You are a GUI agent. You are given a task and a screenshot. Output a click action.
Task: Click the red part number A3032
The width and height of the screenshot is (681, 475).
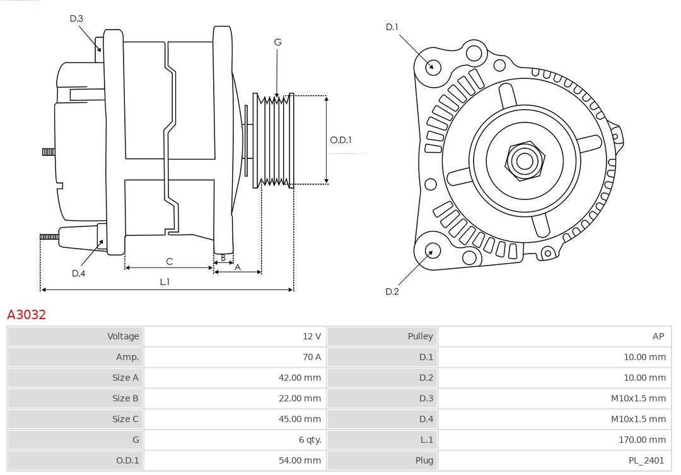[26, 314]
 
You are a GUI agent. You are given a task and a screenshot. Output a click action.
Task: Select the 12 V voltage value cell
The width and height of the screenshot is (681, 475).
[311, 336]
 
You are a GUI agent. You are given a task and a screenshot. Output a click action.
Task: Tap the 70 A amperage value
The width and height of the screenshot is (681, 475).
[311, 357]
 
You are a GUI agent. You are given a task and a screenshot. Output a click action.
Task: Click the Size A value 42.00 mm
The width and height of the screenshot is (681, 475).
[300, 378]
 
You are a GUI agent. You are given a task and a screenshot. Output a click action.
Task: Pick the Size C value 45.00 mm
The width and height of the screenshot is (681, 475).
[300, 419]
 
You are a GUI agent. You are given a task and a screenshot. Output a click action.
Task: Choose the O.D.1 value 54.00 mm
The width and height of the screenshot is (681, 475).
[300, 460]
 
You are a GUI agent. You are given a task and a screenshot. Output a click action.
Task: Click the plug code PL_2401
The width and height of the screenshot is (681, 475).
[646, 460]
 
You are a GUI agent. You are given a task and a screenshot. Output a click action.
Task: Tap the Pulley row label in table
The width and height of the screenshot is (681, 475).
[420, 336]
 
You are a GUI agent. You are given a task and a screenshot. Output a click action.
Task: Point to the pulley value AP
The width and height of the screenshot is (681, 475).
[658, 336]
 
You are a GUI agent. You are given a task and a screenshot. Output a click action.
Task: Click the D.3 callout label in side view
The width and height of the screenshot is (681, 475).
[76, 19]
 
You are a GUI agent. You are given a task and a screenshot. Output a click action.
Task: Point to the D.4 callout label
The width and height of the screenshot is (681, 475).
[78, 273]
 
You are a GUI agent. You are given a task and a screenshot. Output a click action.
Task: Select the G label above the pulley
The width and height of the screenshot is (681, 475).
[277, 42]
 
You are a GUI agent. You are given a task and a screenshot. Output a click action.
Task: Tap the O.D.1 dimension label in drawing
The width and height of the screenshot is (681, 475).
[340, 140]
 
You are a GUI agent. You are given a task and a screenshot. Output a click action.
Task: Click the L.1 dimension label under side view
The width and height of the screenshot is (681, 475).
[165, 282]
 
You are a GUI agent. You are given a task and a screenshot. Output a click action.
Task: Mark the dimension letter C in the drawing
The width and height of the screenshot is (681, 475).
[169, 261]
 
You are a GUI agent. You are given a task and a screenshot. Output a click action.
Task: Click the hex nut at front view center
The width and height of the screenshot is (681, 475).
[524, 161]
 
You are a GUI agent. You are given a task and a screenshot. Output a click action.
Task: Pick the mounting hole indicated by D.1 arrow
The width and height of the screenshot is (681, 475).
[433, 66]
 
